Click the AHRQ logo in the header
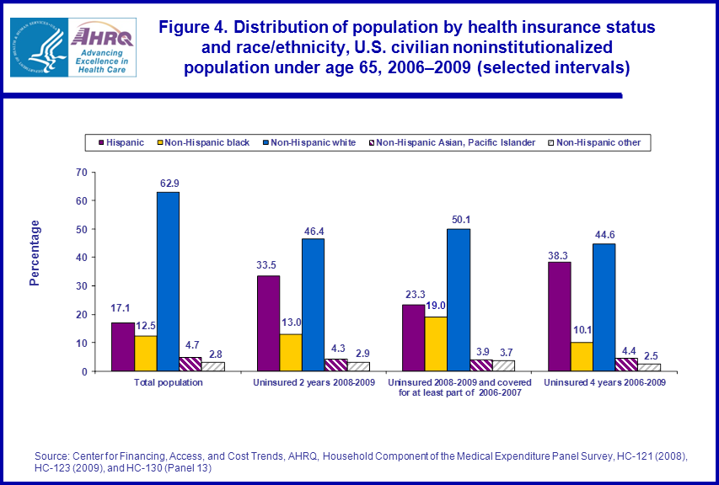tap(100, 47)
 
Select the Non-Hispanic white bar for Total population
tap(168, 281)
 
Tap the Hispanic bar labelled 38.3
tap(560, 317)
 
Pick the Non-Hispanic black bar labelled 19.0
tap(436, 344)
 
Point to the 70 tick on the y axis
tap(82, 172)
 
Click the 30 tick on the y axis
tap(82, 286)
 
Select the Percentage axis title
tap(35, 253)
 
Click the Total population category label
tap(168, 383)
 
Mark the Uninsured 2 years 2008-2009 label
tap(314, 383)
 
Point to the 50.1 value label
tap(459, 220)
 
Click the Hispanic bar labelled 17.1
tap(122, 347)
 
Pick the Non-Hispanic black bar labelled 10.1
tap(582, 356)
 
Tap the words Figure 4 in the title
tap(196, 28)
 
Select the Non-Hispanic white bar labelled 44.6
tap(604, 307)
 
